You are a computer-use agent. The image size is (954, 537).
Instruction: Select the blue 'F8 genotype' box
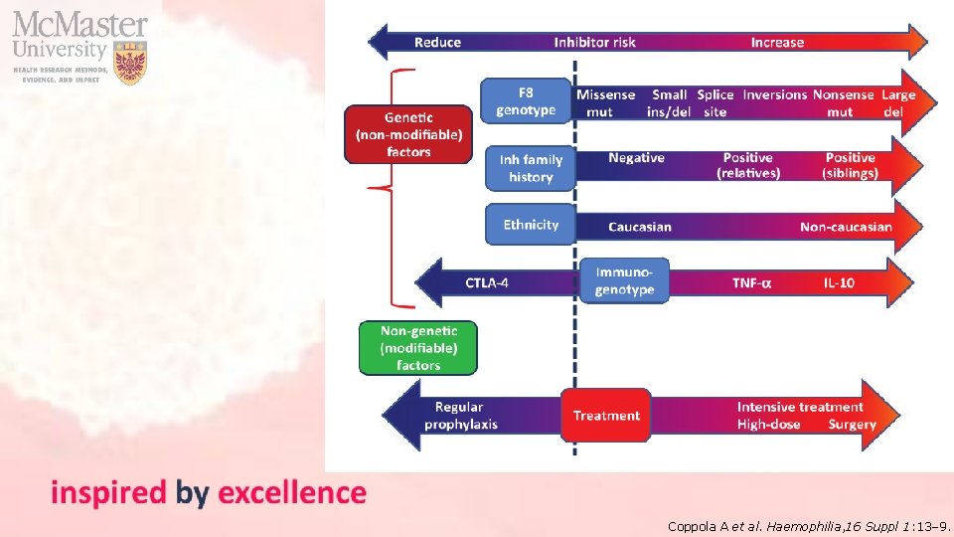pyautogui.click(x=526, y=101)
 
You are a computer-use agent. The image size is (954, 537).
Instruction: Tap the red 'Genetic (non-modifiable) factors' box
pyautogui.click(x=408, y=134)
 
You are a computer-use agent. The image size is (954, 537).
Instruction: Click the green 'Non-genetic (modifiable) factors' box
pyautogui.click(x=418, y=348)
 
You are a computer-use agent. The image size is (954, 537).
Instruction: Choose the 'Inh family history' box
pyautogui.click(x=531, y=168)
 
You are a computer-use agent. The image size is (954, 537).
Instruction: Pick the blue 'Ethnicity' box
pyautogui.click(x=531, y=225)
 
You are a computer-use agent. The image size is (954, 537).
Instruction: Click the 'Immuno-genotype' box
pyautogui.click(x=624, y=280)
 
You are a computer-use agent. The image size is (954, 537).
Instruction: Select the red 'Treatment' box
pyautogui.click(x=606, y=416)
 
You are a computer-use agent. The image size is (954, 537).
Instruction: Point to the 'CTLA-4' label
pyautogui.click(x=487, y=283)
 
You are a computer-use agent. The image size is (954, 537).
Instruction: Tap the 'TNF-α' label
pyautogui.click(x=751, y=283)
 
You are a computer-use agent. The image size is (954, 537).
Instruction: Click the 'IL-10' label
pyautogui.click(x=838, y=283)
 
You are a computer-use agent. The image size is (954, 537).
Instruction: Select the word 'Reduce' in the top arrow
pyautogui.click(x=437, y=42)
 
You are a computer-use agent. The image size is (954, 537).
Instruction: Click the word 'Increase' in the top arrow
pyautogui.click(x=777, y=42)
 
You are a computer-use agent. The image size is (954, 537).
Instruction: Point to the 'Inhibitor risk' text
pyautogui.click(x=594, y=42)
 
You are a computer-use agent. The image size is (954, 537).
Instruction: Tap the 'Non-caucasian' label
pyautogui.click(x=846, y=227)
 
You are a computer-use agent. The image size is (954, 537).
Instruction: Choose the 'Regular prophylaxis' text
pyautogui.click(x=460, y=416)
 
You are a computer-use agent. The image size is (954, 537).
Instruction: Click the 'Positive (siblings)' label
pyautogui.click(x=850, y=165)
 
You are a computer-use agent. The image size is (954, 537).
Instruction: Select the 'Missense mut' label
pyautogui.click(x=605, y=103)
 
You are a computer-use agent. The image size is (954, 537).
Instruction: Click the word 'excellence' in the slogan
pyautogui.click(x=291, y=492)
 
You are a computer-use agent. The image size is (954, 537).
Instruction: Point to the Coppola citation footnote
pyautogui.click(x=809, y=525)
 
